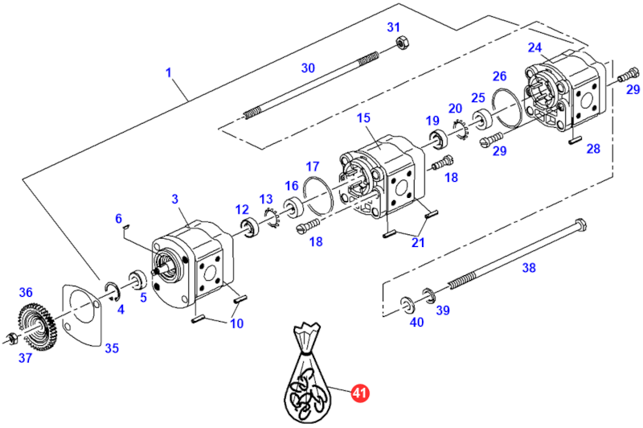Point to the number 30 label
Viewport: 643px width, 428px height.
[309, 68]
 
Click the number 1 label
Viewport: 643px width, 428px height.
[170, 73]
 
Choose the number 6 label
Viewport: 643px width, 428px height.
[118, 218]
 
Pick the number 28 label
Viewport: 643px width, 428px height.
[593, 149]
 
